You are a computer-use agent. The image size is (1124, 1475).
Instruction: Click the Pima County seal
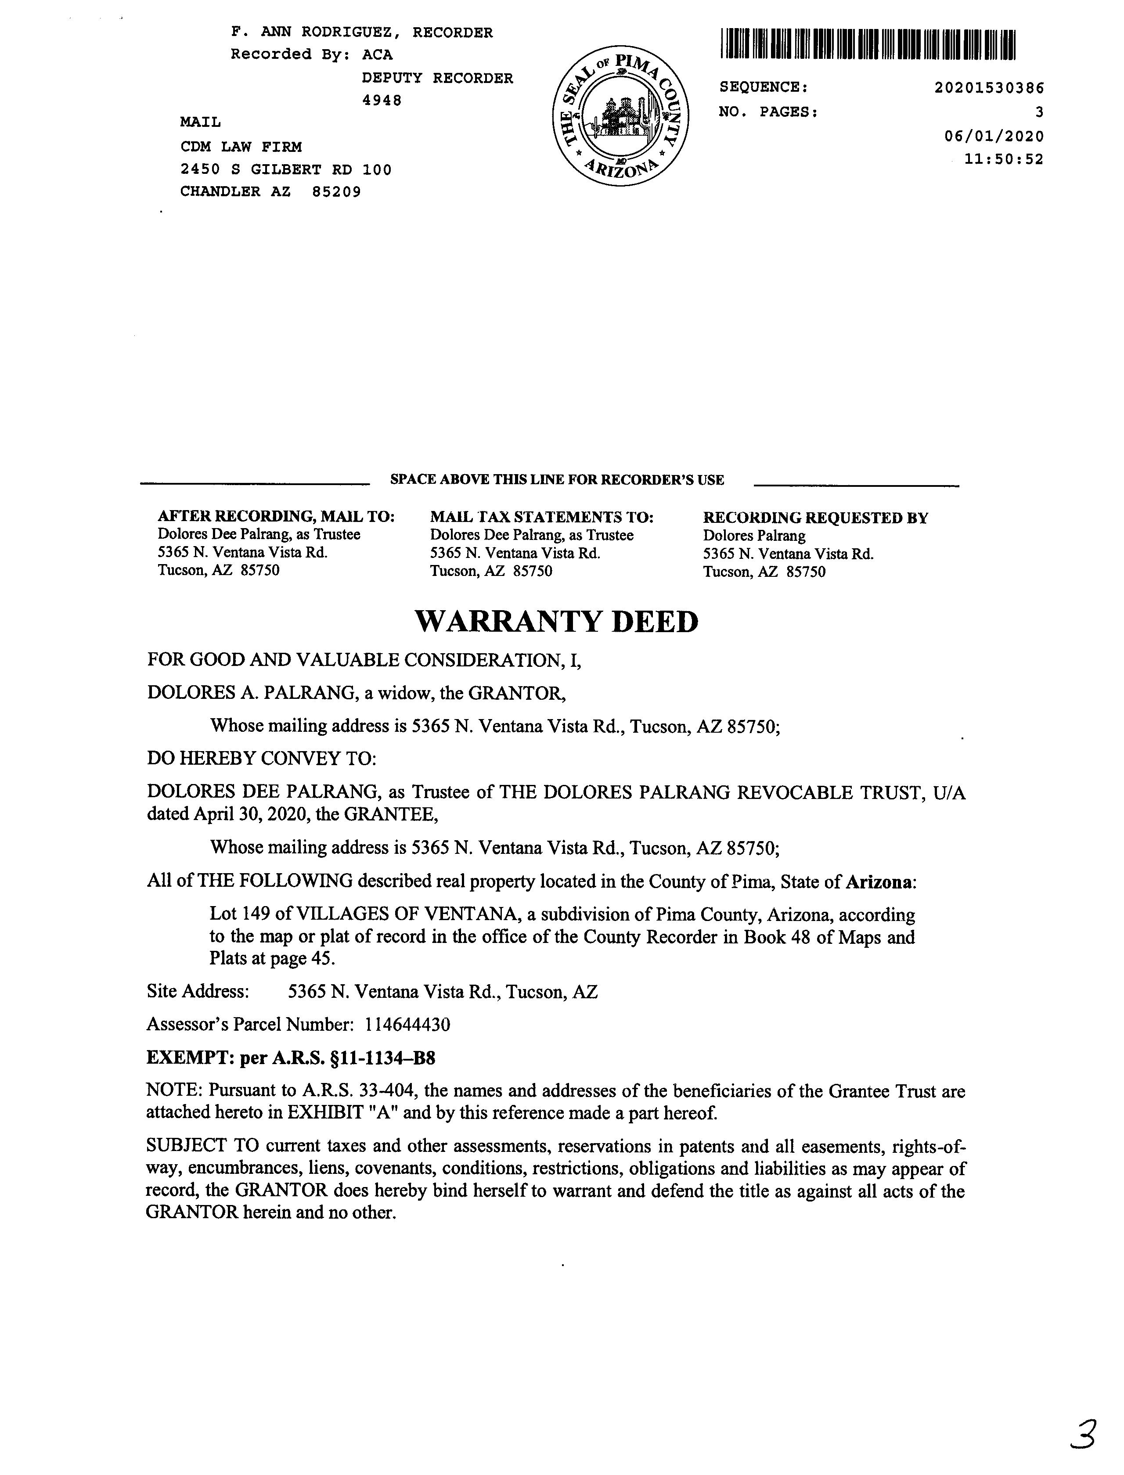tap(621, 116)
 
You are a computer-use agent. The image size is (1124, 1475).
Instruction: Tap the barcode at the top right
tap(868, 44)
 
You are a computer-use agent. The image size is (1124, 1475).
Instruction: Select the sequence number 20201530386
tap(989, 88)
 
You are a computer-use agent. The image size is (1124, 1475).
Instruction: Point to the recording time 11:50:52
tap(1004, 159)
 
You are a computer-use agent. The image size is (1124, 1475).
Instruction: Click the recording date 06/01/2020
tap(994, 137)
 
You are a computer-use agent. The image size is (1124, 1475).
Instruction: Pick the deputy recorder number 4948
tap(382, 101)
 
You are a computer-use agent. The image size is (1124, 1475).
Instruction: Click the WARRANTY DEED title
tap(557, 622)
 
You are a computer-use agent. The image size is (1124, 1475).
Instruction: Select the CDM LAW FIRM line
tap(241, 147)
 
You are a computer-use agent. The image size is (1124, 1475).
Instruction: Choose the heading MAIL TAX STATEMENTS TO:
tap(541, 517)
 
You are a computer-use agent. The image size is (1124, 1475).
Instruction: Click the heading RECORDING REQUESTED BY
tap(815, 518)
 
